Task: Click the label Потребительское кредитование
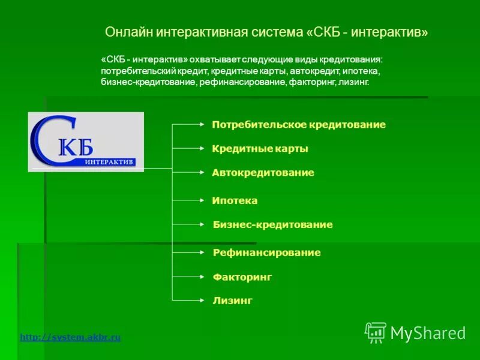[298, 125]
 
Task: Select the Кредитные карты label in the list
[260, 149]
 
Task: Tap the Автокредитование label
[263, 173]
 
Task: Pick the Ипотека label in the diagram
[235, 201]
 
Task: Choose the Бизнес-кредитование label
[272, 225]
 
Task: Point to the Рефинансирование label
[266, 253]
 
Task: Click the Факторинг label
[242, 277]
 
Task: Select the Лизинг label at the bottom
[232, 301]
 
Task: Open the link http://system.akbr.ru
[70, 337]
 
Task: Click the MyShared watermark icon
[375, 332]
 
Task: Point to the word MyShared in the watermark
[428, 333]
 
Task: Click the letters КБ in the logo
[76, 146]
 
